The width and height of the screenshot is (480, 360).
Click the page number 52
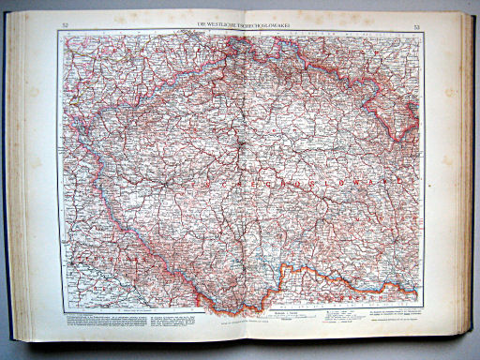[x=63, y=24]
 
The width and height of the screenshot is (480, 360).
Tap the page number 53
[x=416, y=24]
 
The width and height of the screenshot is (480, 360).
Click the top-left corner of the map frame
[x=58, y=31]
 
